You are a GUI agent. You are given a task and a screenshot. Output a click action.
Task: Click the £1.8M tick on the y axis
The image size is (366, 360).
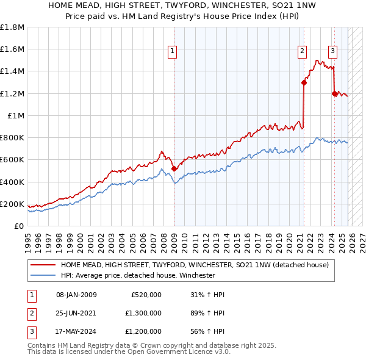point(12,27)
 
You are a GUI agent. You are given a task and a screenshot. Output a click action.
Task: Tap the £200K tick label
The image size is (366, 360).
point(12,204)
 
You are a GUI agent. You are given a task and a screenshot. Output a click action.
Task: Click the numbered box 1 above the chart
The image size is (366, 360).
point(173,52)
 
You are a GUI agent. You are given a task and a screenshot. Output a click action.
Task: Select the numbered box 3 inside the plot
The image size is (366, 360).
point(333,52)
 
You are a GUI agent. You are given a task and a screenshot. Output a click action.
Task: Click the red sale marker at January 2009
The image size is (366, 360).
point(174,168)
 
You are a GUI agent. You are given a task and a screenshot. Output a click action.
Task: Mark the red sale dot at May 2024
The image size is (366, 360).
point(334,93)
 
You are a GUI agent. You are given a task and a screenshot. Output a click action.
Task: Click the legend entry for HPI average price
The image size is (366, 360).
point(137,275)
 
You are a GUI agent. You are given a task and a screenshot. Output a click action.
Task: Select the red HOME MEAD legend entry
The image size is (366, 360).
point(195,265)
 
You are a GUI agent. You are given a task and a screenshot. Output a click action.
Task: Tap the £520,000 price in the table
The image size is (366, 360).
point(146,295)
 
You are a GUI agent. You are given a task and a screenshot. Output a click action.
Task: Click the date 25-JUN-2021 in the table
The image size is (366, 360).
point(76,312)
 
